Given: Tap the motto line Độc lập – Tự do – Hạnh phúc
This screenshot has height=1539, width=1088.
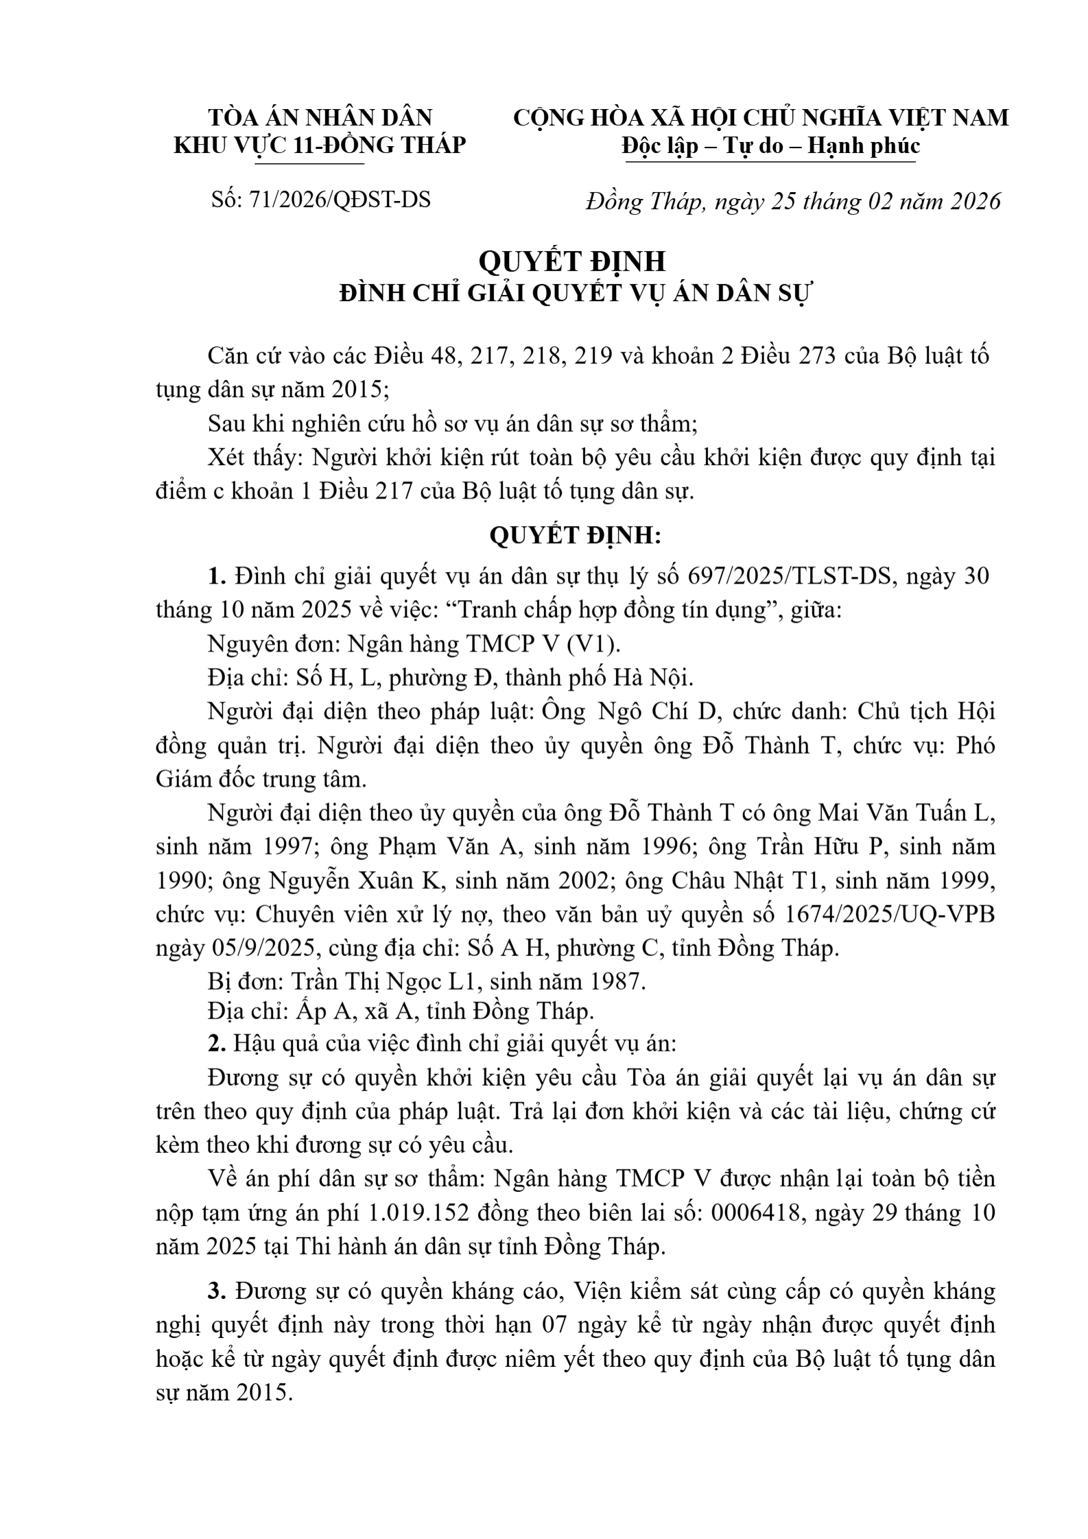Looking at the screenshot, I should pyautogui.click(x=770, y=145).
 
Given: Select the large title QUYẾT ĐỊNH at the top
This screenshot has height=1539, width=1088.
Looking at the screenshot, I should pyautogui.click(x=572, y=261).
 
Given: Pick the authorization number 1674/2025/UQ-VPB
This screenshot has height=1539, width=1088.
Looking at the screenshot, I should pyautogui.click(x=895, y=914).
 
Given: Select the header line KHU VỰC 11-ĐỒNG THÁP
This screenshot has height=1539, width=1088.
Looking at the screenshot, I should pyautogui.click(x=320, y=145).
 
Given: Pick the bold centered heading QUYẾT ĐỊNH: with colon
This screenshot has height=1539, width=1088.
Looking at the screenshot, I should pyautogui.click(x=575, y=536).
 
